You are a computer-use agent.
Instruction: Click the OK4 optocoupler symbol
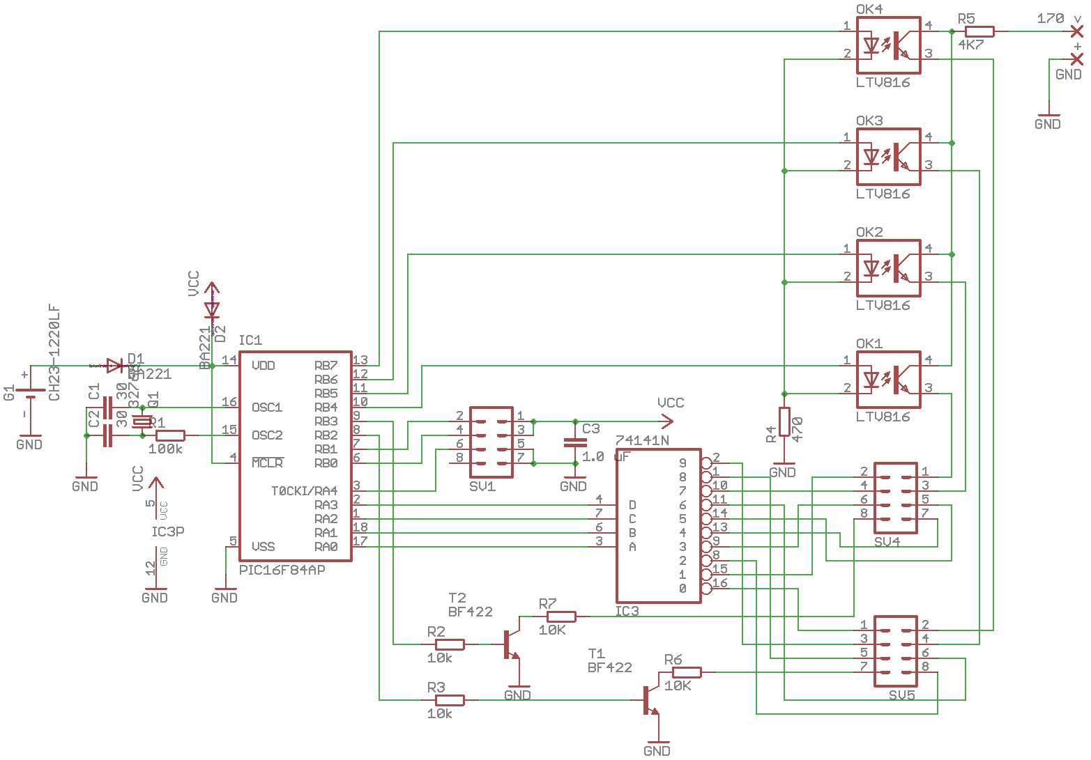click(x=888, y=45)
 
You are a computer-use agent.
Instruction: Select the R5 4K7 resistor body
click(x=979, y=31)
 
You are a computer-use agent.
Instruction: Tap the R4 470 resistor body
click(x=784, y=422)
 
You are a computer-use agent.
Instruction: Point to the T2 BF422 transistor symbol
click(x=510, y=644)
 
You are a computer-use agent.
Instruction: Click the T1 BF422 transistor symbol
click(x=650, y=699)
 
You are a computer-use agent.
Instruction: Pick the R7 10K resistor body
click(x=560, y=616)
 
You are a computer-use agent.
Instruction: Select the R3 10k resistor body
click(x=449, y=700)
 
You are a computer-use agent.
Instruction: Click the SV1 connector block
click(x=491, y=442)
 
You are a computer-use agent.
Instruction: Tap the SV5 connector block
click(x=895, y=651)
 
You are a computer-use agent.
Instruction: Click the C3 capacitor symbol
click(x=575, y=442)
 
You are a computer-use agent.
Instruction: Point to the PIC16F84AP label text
click(x=282, y=570)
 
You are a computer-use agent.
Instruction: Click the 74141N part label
click(x=642, y=440)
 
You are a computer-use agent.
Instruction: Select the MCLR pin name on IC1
click(x=267, y=463)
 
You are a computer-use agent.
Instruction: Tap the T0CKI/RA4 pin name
click(x=304, y=491)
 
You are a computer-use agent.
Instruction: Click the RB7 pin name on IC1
click(x=326, y=366)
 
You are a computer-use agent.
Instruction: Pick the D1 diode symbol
click(x=114, y=365)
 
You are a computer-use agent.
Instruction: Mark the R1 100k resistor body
click(x=170, y=435)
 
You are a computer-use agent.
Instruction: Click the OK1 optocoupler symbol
click(x=888, y=380)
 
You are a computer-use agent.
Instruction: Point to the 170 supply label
click(x=1050, y=19)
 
